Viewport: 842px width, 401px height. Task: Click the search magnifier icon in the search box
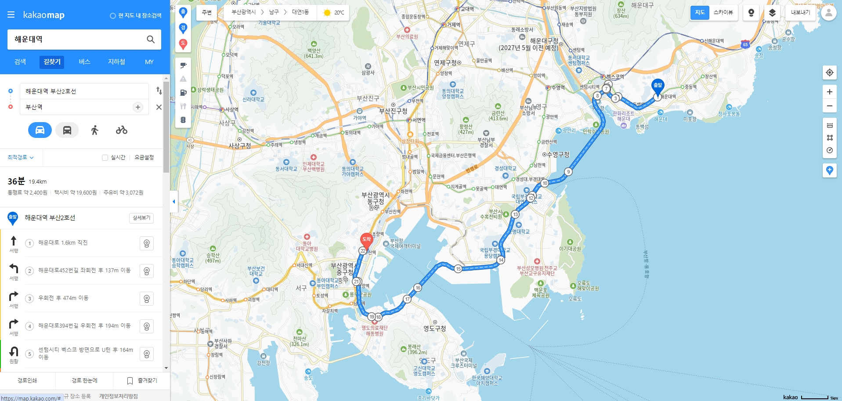click(x=151, y=40)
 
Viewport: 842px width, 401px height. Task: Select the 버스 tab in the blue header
click(x=84, y=62)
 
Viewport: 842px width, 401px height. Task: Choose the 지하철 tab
click(x=116, y=62)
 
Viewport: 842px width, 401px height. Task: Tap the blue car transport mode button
click(x=40, y=130)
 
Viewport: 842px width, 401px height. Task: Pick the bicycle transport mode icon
click(x=122, y=130)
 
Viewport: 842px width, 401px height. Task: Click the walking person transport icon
click(x=94, y=130)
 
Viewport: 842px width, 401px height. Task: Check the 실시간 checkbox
click(x=105, y=158)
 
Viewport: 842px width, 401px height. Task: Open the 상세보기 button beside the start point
click(x=141, y=218)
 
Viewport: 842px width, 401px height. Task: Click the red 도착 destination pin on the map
click(x=366, y=240)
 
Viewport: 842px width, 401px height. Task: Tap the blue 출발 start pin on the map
click(x=658, y=86)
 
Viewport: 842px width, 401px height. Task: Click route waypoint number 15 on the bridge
click(x=458, y=269)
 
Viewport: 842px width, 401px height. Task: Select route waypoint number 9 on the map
click(x=568, y=172)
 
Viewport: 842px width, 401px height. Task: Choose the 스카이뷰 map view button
click(x=723, y=12)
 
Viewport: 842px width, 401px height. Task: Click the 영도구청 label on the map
click(x=434, y=329)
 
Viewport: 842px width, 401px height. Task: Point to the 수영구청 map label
click(x=558, y=155)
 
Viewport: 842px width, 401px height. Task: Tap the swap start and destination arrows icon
click(x=159, y=91)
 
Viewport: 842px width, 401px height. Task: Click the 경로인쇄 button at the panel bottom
click(x=27, y=380)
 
